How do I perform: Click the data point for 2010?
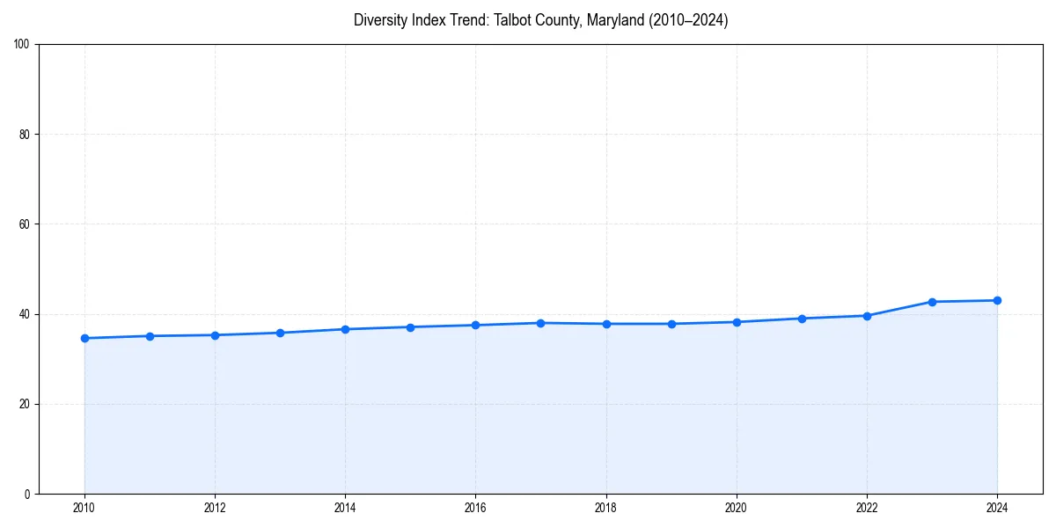pyautogui.click(x=84, y=338)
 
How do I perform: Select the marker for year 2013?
pyautogui.click(x=280, y=333)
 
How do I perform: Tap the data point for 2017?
pyautogui.click(x=540, y=323)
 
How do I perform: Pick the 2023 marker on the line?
pyautogui.click(x=932, y=302)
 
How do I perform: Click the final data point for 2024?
pyautogui.click(x=997, y=300)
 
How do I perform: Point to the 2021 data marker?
pyautogui.click(x=802, y=319)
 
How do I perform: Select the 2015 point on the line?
pyautogui.click(x=410, y=327)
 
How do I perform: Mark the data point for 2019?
pyautogui.click(x=671, y=324)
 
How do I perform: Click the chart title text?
pyautogui.click(x=540, y=20)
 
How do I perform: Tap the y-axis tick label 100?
pyautogui.click(x=23, y=44)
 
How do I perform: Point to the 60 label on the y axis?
pyautogui.click(x=26, y=224)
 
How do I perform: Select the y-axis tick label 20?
pyautogui.click(x=26, y=404)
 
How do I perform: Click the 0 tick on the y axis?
pyautogui.click(x=28, y=494)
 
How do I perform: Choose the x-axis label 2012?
pyautogui.click(x=215, y=508)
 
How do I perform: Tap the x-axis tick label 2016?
pyautogui.click(x=475, y=508)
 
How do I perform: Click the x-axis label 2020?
pyautogui.click(x=737, y=508)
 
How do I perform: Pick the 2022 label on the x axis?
pyautogui.click(x=867, y=508)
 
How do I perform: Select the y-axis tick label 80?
pyautogui.click(x=26, y=135)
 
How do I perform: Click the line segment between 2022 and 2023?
pyautogui.click(x=899, y=309)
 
